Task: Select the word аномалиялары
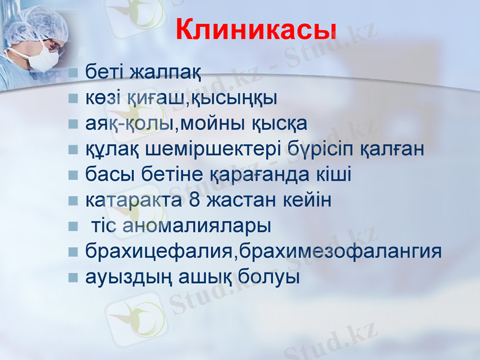(x=197, y=226)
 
